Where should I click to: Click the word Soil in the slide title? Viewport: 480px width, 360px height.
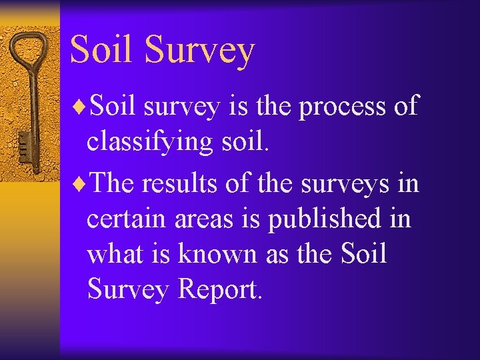pos(101,49)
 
